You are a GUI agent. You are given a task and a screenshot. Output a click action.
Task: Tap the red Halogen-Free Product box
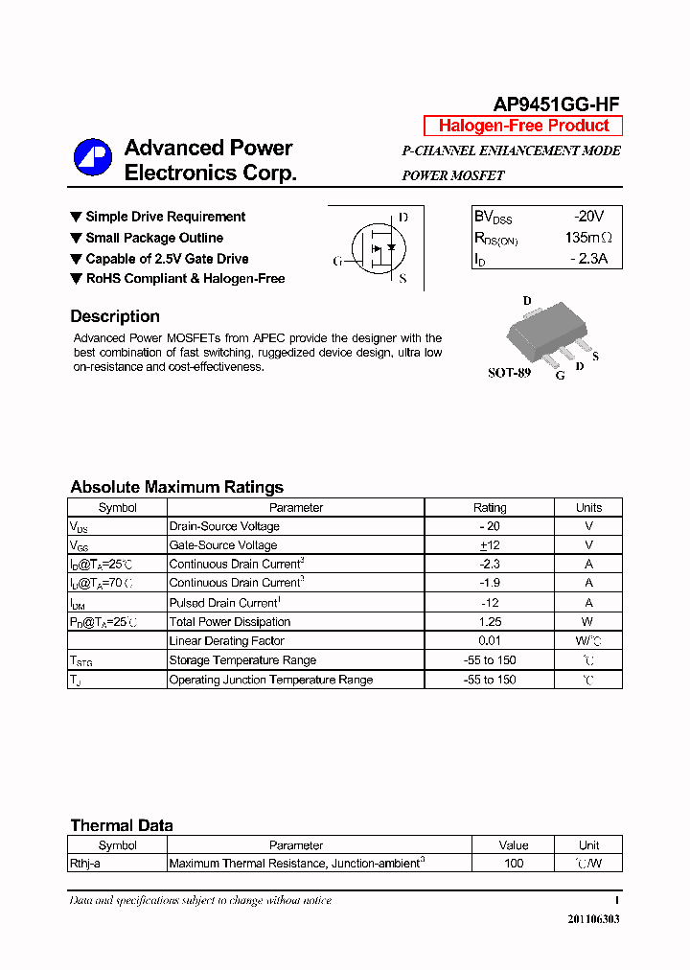point(523,126)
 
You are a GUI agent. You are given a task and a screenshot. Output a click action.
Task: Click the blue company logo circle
point(93,158)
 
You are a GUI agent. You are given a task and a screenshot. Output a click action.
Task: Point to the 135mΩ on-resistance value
point(587,238)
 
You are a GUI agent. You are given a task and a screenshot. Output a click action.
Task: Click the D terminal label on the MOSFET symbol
point(403,218)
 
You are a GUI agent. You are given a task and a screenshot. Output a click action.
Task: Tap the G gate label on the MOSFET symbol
point(337,261)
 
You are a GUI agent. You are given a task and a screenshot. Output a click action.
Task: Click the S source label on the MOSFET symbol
point(402,279)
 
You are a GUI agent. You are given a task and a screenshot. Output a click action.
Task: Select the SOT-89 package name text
point(509,373)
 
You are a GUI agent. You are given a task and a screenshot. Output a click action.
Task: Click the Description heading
point(115,316)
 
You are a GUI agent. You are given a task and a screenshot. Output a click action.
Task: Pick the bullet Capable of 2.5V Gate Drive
point(167,259)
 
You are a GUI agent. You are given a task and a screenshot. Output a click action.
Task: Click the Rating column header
point(490,508)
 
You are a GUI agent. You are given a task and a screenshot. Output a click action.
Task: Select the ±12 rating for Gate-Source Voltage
point(490,545)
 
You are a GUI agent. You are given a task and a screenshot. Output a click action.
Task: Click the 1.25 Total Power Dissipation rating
point(490,622)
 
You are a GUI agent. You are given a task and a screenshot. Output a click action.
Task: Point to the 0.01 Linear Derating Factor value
point(490,641)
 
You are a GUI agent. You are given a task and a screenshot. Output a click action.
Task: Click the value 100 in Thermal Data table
point(514,864)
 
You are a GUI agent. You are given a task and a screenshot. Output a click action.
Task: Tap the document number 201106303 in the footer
point(593,918)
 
